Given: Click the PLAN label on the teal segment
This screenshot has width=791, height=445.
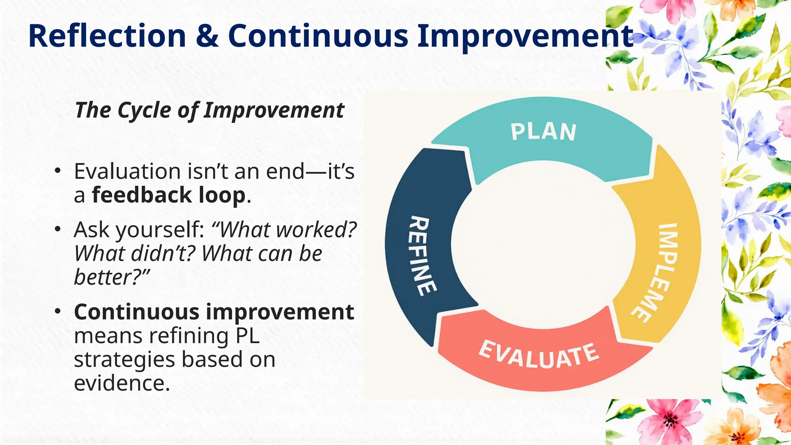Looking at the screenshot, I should tap(543, 132).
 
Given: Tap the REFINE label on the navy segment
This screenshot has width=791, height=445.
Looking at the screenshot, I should tap(423, 256).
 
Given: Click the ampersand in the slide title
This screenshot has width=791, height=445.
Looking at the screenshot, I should tap(207, 36).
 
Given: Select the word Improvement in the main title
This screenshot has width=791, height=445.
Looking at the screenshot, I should tap(525, 36).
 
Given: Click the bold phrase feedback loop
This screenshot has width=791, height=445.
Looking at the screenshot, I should tap(169, 195).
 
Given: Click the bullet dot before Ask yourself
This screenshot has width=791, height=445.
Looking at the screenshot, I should tap(58, 229).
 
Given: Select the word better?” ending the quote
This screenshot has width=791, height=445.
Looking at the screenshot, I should tap(112, 277).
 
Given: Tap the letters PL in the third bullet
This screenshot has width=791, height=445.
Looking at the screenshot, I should tap(247, 336).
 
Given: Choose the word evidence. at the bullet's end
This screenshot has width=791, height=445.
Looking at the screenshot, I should tap(122, 383).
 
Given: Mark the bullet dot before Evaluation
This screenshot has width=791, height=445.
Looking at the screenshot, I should tap(58, 171).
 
